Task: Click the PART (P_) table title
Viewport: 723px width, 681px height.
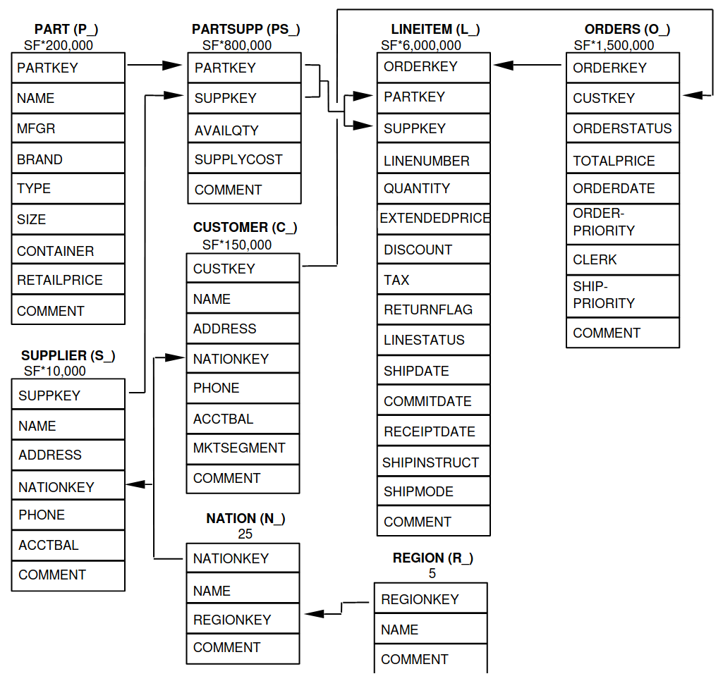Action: coord(66,29)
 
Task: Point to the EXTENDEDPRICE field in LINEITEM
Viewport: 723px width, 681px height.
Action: coord(434,219)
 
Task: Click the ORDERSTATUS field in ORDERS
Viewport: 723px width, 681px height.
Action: coord(622,128)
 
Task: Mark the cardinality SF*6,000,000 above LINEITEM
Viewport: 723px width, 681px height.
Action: coord(421,45)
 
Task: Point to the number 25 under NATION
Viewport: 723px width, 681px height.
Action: coord(245,534)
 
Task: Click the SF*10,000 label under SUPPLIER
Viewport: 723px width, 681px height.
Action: coord(55,371)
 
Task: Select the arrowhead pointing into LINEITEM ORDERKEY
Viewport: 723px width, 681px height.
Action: coord(504,66)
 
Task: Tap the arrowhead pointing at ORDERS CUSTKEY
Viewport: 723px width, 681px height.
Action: coord(692,95)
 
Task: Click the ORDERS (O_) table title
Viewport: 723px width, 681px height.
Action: coord(627,29)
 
